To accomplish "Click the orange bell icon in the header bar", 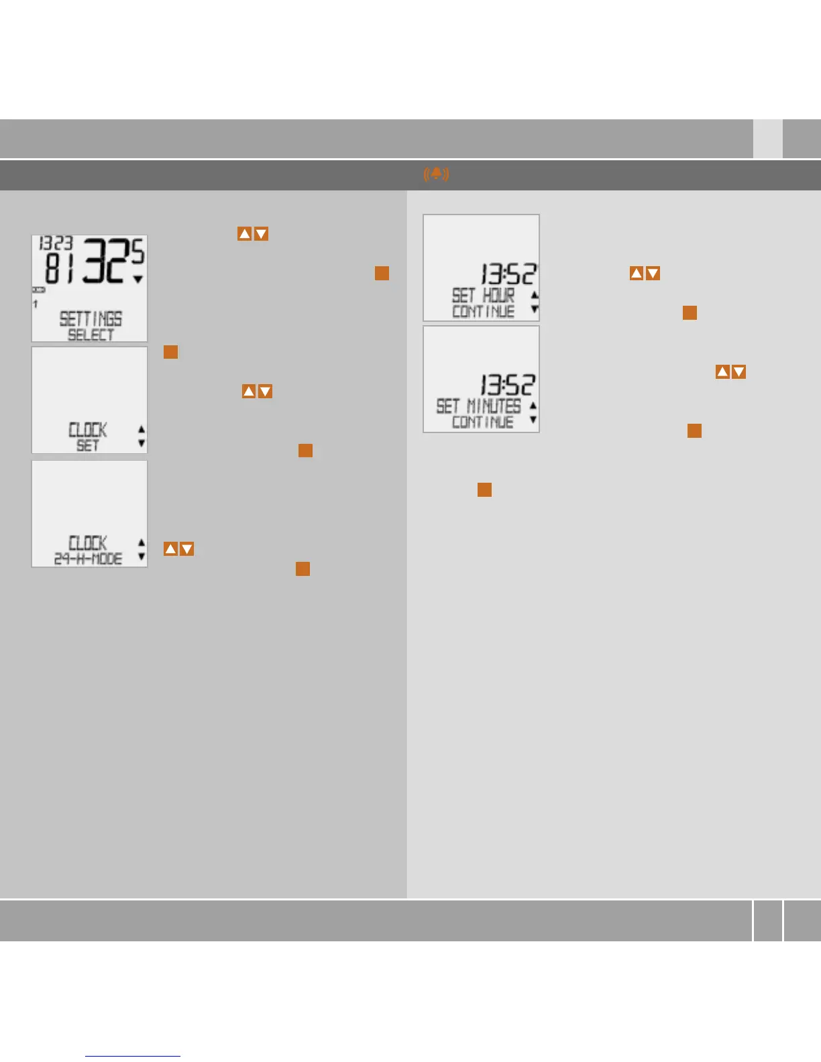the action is (436, 174).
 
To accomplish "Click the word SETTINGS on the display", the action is (91, 318).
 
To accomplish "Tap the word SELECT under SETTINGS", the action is (91, 334).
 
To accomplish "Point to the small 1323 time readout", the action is (56, 243).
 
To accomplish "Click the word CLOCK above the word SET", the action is (88, 429).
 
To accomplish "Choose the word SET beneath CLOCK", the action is (88, 445).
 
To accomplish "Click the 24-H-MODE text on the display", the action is (88, 558).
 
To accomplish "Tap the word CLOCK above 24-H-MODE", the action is (88, 542).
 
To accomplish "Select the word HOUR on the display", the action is (498, 295).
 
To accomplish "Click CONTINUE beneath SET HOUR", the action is (483, 311).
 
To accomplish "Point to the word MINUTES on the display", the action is (494, 406).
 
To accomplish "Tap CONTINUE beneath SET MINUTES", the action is (482, 422).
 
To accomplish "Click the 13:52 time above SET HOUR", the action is (508, 274).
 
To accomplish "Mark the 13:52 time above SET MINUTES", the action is (507, 385).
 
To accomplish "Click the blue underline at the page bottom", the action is (133, 1056).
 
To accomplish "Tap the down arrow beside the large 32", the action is (138, 279).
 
